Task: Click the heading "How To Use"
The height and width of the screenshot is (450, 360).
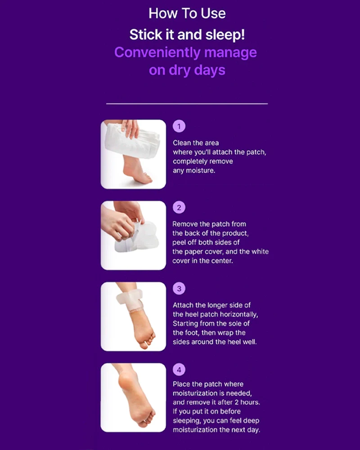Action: click(x=187, y=13)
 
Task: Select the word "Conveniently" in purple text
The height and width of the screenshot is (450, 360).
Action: click(x=157, y=53)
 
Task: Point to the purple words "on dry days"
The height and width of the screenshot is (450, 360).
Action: click(x=187, y=71)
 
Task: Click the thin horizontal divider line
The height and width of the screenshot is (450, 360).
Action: click(x=187, y=103)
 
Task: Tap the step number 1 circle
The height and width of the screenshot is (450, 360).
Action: click(x=179, y=126)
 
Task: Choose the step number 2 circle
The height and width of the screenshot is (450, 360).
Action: click(x=179, y=207)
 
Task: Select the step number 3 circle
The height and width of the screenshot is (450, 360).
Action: click(x=179, y=288)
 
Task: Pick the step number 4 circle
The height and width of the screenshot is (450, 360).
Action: click(x=179, y=369)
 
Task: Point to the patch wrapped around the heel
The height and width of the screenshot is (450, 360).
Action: click(x=130, y=300)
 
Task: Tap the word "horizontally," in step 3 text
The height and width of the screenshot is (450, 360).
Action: click(x=241, y=315)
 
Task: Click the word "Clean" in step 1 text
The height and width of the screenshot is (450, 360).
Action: click(x=182, y=143)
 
